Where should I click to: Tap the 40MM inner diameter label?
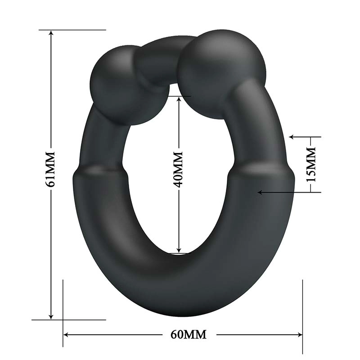pos(179,169)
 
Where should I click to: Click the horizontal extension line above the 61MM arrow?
pos(72,30)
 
